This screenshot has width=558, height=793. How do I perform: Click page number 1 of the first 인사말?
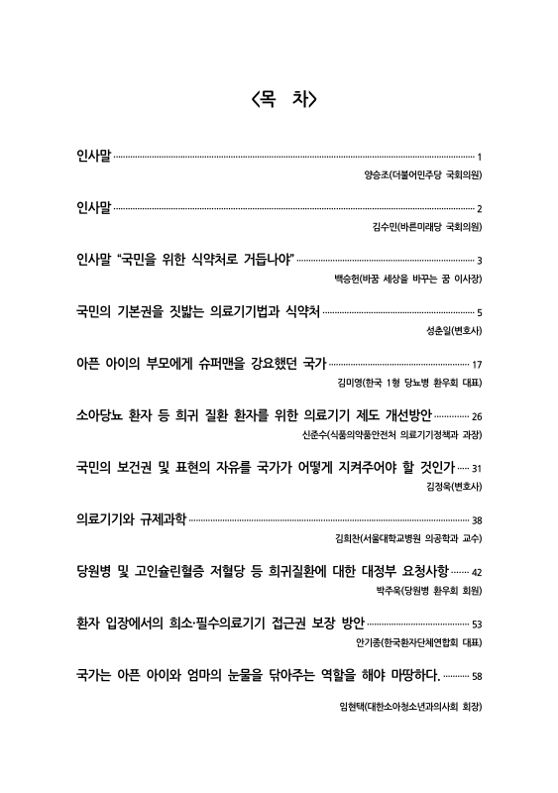tap(479, 158)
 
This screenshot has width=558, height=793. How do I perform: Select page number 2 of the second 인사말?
tap(479, 209)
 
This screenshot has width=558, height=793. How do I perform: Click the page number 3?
tap(479, 262)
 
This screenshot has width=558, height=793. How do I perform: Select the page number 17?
tap(477, 365)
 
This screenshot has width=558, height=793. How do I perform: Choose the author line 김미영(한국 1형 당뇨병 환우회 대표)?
tap(408, 382)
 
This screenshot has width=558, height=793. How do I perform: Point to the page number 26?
tap(476, 416)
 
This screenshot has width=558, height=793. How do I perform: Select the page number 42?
tap(476, 572)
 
